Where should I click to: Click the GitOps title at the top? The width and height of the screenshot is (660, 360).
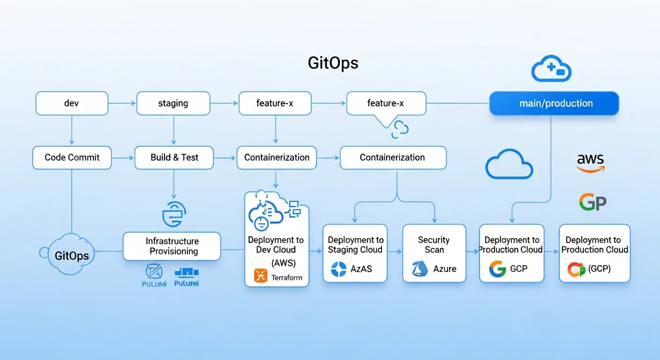point(333,63)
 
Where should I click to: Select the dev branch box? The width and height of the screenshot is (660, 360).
point(72,103)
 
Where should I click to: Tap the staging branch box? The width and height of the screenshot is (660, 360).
point(173,103)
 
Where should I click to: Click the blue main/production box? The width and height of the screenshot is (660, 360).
point(554,103)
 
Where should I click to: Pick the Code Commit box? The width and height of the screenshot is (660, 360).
point(72,157)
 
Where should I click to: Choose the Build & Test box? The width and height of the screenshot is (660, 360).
point(174,157)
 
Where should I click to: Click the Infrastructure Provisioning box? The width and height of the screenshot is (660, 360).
point(172,246)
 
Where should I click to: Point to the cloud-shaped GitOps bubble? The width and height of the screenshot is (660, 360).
point(70,255)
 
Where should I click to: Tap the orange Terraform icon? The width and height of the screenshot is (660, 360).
point(260,275)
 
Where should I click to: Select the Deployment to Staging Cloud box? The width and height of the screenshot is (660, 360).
point(355,253)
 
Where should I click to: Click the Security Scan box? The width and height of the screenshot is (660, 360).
point(434,253)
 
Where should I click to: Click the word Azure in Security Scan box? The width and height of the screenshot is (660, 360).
point(444,269)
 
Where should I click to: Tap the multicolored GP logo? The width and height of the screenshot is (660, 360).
point(592,202)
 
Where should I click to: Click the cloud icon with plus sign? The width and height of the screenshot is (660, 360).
point(551,70)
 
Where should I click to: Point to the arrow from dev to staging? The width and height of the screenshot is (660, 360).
point(122,103)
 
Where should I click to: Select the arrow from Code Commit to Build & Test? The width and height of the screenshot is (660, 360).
point(123,158)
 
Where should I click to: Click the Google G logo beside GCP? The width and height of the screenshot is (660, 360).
point(497,269)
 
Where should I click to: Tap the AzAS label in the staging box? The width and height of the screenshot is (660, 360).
point(362,269)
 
